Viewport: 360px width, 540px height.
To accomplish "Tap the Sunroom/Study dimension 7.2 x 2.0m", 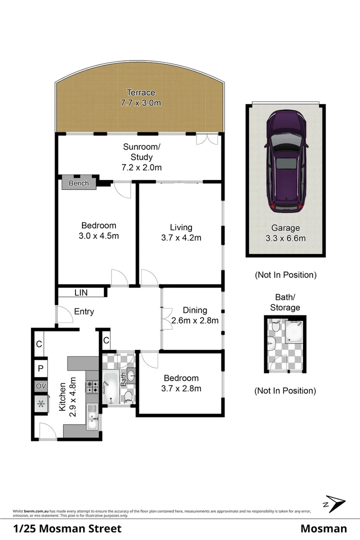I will pos(142,167).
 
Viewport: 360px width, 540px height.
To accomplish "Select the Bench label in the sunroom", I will pos(78,183).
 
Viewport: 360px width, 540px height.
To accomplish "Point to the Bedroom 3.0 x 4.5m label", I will pos(99,230).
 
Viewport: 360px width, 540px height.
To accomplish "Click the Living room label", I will pos(180,232).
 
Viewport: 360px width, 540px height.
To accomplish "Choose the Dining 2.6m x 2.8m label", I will pos(194,315).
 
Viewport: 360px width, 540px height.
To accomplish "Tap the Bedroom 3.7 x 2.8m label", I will pos(180,383).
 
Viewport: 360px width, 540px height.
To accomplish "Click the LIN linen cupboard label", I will pos(81,292).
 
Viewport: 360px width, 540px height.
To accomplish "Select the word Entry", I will pos(84,311).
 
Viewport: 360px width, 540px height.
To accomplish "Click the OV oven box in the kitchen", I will pos(40,386).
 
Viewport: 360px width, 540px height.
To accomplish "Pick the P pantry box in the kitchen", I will pos(40,369).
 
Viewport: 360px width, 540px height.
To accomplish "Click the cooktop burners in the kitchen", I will pos(92,386).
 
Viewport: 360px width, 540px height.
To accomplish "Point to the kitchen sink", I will pos(92,417).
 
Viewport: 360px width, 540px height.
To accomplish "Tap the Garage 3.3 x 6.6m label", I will pos(285,233).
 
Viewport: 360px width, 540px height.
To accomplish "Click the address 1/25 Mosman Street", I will pos(67,528).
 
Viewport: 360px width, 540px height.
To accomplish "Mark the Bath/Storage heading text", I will pos(284,303).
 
